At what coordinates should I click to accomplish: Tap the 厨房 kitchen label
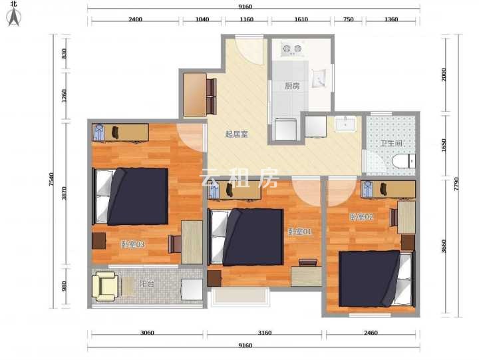click(x=292, y=87)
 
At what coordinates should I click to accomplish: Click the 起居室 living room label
click(x=236, y=134)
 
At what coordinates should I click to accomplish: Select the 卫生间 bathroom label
click(x=391, y=143)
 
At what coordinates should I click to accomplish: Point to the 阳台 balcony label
click(x=146, y=283)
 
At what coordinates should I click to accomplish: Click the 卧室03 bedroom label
click(x=132, y=244)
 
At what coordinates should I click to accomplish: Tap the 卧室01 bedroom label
click(x=299, y=232)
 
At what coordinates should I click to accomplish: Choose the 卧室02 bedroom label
click(x=361, y=217)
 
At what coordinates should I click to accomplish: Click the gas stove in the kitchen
click(x=292, y=49)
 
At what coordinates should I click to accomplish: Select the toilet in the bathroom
click(x=404, y=161)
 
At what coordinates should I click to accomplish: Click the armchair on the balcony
click(x=105, y=286)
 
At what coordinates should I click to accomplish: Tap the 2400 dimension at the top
click(x=135, y=19)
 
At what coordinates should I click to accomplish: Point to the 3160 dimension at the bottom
click(x=265, y=333)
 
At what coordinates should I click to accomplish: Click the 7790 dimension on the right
click(x=456, y=184)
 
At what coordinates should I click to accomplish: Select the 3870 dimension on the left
click(x=64, y=194)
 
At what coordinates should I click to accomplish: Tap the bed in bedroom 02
click(x=377, y=278)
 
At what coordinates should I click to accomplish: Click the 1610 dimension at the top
click(x=301, y=19)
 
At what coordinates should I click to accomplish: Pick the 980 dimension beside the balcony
click(x=64, y=286)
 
